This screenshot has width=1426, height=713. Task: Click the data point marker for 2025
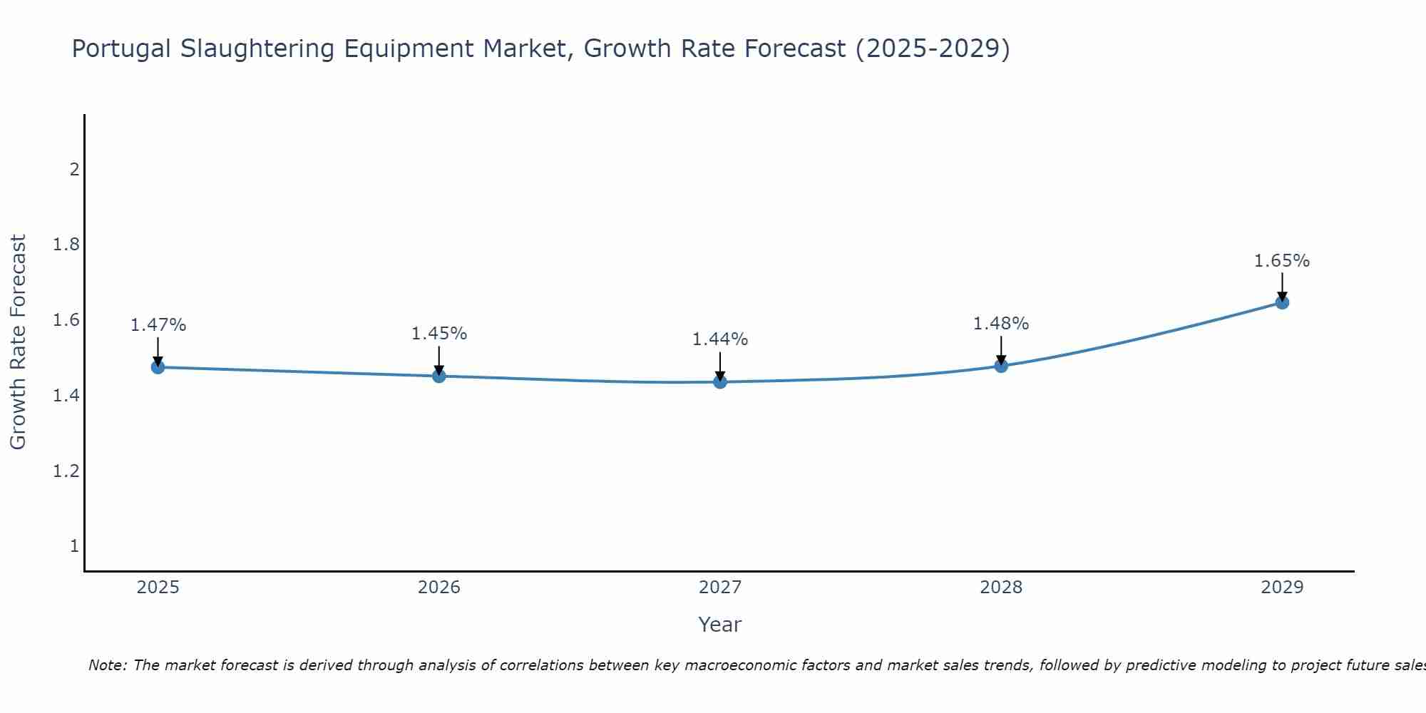(158, 367)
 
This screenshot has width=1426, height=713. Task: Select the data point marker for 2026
(439, 376)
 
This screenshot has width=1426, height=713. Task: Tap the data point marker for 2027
(720, 382)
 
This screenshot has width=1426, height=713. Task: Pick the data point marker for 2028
(1001, 366)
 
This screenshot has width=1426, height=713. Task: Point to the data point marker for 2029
(1282, 302)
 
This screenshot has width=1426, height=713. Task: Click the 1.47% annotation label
(158, 325)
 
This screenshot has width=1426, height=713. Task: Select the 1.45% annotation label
(439, 334)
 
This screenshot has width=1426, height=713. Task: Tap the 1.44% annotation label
(720, 339)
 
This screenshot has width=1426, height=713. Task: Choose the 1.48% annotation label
(1001, 324)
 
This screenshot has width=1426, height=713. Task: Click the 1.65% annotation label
(1282, 261)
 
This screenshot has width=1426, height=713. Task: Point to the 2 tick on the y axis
(74, 170)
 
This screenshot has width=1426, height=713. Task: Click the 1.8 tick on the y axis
(66, 245)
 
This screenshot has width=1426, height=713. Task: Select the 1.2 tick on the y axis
(66, 471)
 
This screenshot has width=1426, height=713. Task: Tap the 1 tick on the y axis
(74, 546)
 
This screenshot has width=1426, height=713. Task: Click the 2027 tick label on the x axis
(720, 588)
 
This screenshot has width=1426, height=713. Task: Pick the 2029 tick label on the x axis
(1282, 588)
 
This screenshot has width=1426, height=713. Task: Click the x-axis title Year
(720, 625)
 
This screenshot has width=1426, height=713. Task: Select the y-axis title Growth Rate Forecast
(19, 342)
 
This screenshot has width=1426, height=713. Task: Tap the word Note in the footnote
(107, 665)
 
